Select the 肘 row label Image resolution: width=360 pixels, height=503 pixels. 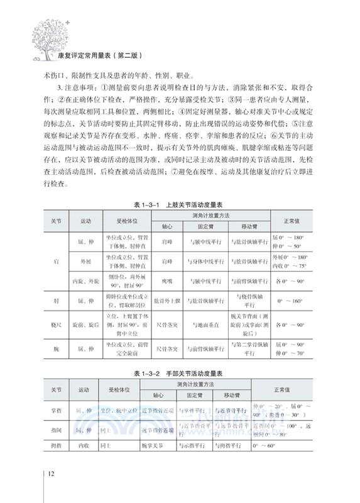[x=57, y=301]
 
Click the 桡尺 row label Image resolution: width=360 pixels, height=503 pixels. [x=57, y=325]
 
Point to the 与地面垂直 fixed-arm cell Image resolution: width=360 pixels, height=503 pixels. [x=202, y=325]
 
